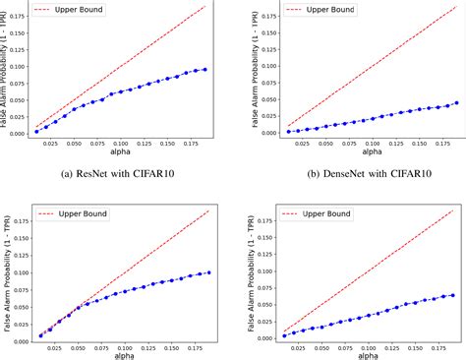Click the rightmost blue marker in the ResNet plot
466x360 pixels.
click(x=204, y=69)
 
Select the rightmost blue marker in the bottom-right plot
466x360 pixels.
click(x=453, y=294)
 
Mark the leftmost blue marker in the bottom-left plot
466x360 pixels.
click(x=40, y=335)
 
